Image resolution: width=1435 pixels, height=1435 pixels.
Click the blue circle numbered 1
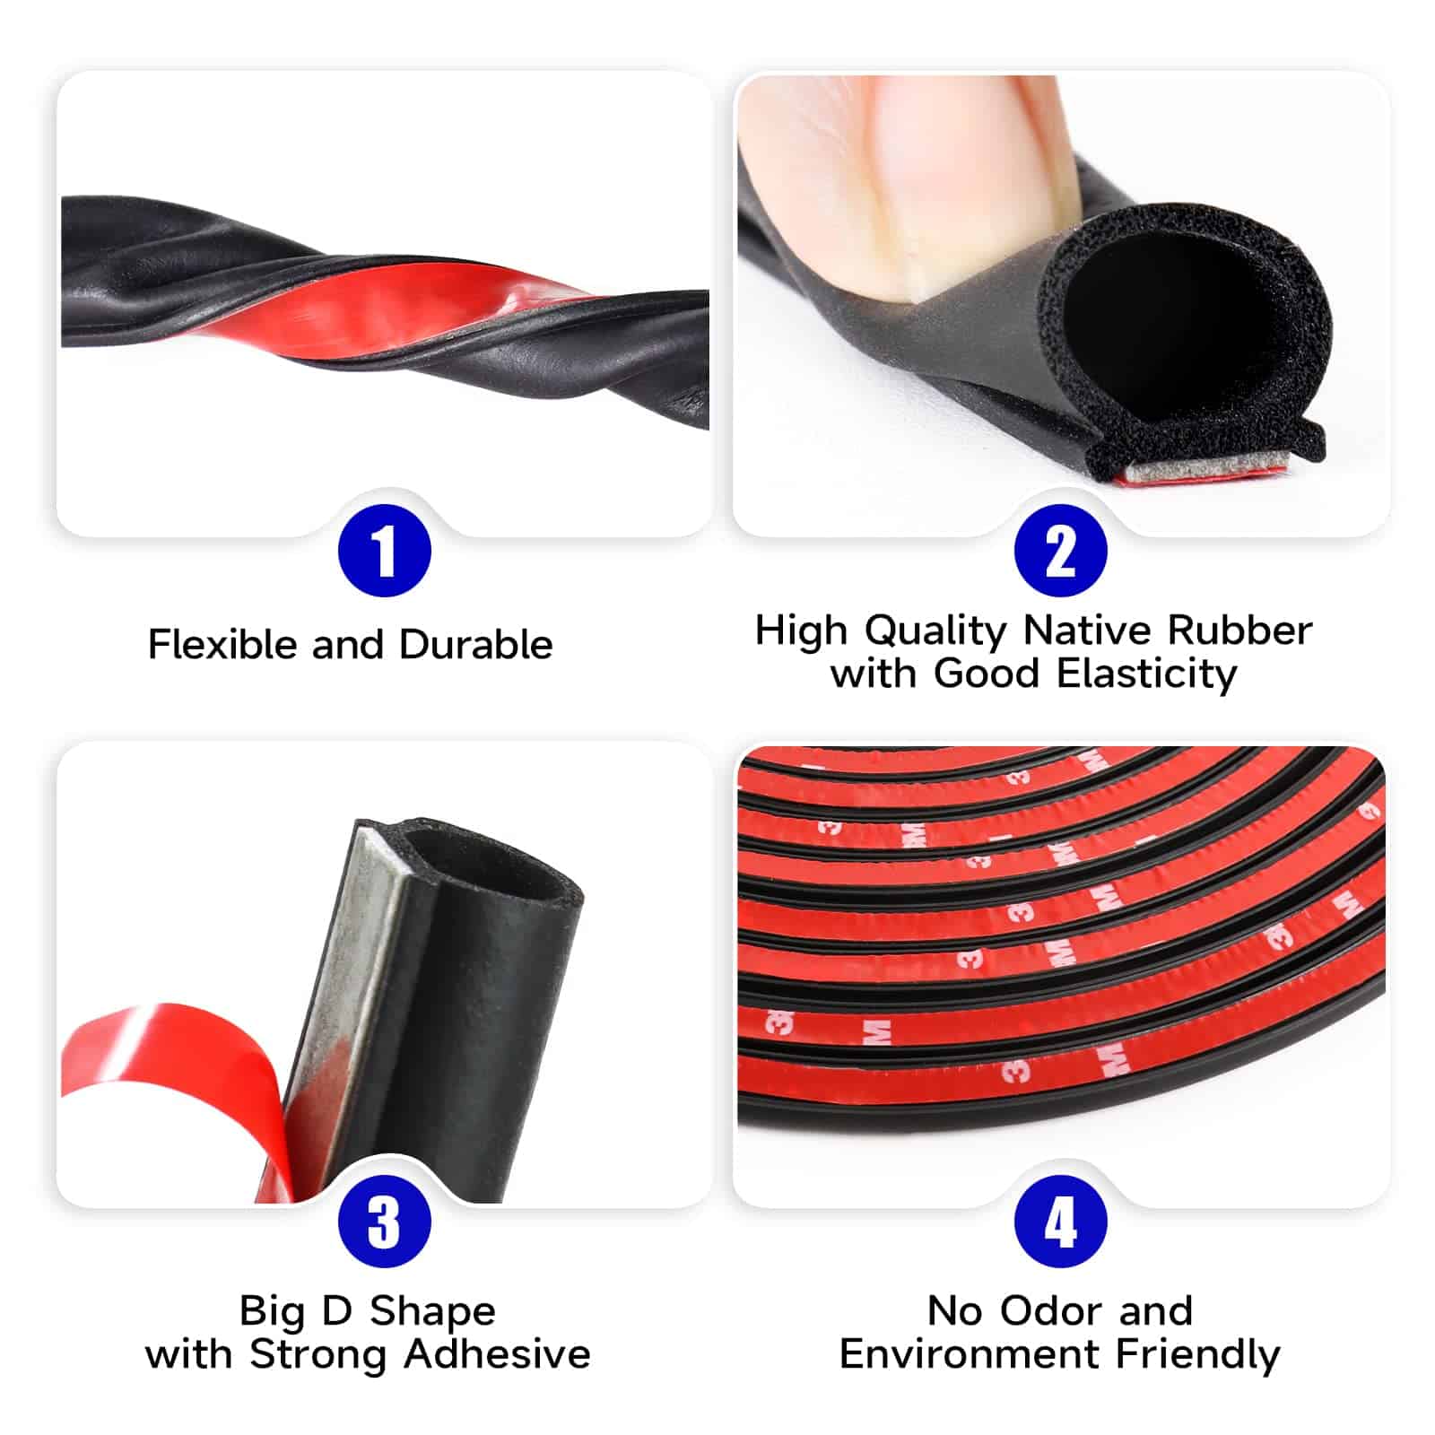coord(384,551)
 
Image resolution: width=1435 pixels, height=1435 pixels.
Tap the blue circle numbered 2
coord(1061,551)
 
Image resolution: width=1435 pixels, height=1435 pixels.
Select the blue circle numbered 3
coord(384,1222)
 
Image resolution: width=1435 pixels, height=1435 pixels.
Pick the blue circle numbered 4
coord(1061,1222)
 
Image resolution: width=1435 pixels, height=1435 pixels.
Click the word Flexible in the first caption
coord(222,644)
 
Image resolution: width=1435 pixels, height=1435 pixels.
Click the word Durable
coord(475,644)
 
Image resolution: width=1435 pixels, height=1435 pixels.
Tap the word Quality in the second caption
coord(936,631)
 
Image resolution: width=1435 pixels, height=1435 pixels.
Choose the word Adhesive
coord(497,1354)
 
